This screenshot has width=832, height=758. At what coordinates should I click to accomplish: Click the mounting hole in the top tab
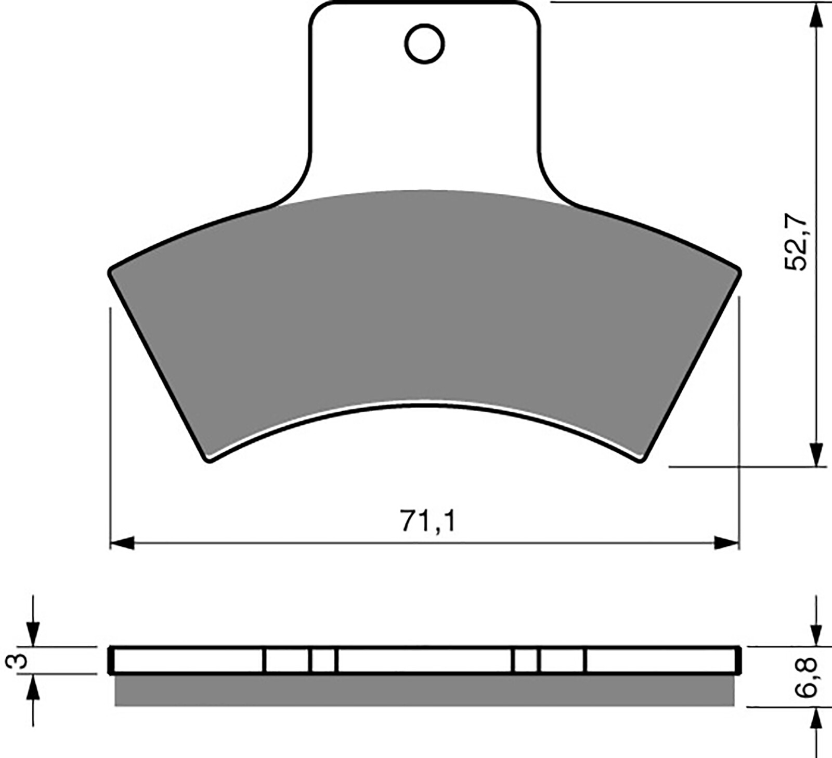425,44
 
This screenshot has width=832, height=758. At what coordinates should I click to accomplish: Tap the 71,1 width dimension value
427,521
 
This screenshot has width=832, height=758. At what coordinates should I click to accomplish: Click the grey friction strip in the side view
424,690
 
